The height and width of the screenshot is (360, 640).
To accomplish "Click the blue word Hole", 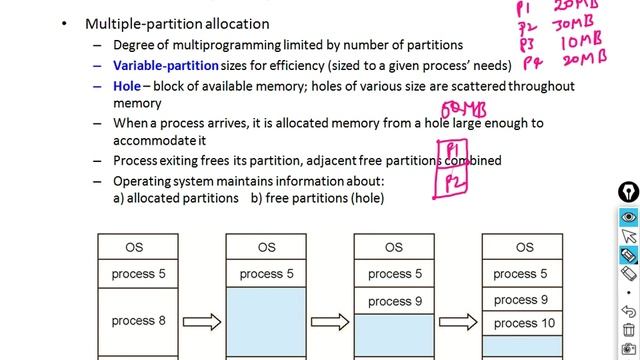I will coord(126,86).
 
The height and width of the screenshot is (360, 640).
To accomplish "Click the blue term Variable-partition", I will coord(166,65).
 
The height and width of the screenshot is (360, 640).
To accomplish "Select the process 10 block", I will coord(524,323).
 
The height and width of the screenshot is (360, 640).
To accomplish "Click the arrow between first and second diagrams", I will coord(201,322).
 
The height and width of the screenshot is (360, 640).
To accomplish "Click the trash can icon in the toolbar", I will coord(628,329).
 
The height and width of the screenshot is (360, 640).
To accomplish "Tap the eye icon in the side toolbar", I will coord(628,217).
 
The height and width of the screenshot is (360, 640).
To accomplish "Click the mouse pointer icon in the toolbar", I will coord(628,236).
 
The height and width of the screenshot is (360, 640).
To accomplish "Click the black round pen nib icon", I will coord(628,192).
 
